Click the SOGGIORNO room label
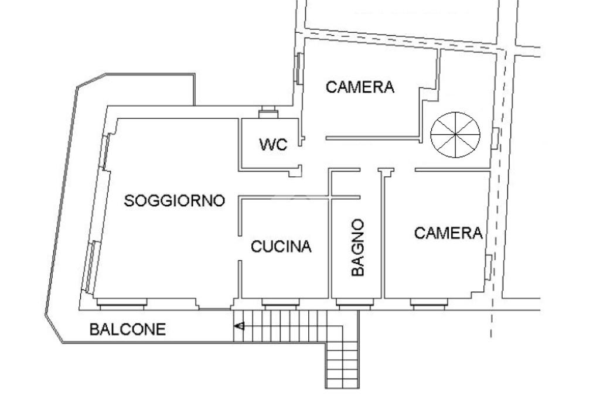coord(175,200)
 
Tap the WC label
coord(273,144)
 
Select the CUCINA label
coord(281,246)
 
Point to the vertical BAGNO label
coord(358,247)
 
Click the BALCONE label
coord(128,329)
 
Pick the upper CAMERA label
coord(360,87)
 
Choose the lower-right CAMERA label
coord(448,233)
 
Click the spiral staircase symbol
coord(455,135)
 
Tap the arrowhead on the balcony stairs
coord(240,326)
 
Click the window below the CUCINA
coord(281,303)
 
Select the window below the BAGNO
coord(354,303)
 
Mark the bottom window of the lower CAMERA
coord(429,303)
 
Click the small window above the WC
coord(268,112)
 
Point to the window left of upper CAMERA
coord(299,69)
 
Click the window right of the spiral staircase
coord(495,138)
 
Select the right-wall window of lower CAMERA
coord(489,267)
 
